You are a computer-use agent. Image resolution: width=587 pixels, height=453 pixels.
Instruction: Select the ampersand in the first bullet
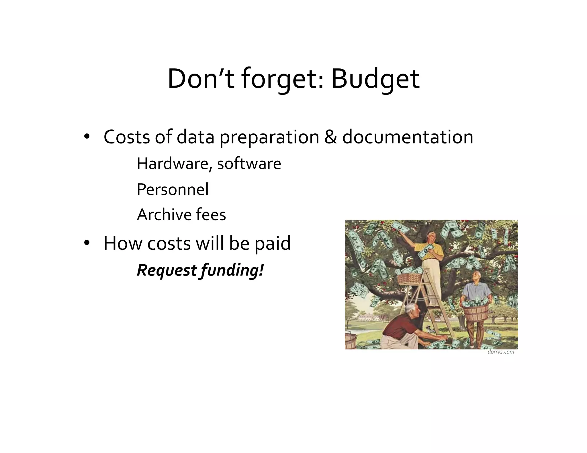[x=330, y=137]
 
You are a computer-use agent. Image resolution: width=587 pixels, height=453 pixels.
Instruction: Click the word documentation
[x=408, y=137]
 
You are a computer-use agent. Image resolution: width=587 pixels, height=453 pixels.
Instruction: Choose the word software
[x=249, y=164]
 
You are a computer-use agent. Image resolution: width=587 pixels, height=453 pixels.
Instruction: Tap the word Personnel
[x=173, y=189]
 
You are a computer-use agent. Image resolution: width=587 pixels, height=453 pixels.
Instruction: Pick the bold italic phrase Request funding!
[x=200, y=270]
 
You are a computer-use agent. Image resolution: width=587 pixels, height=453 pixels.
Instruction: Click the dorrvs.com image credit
[x=501, y=352]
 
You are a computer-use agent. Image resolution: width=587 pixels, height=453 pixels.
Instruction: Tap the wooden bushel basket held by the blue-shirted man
[x=476, y=311]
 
